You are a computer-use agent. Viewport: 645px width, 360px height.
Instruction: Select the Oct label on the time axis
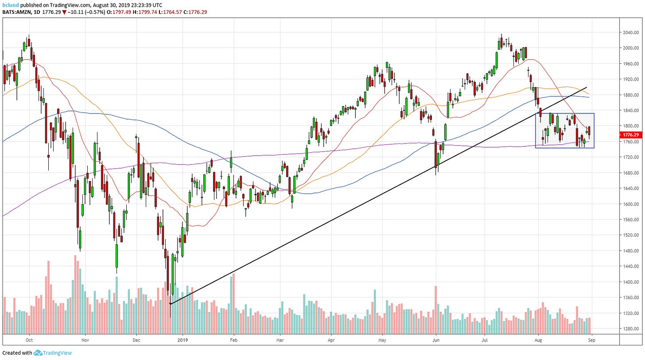pos(29,341)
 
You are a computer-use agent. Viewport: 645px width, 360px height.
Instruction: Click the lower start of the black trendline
pos(170,304)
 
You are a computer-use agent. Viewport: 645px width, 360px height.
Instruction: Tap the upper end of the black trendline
pos(587,87)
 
